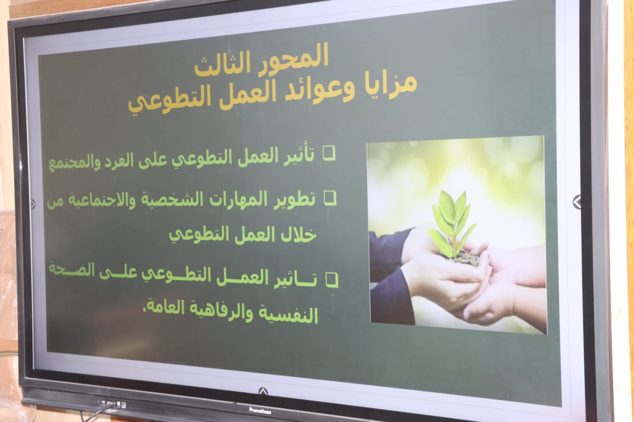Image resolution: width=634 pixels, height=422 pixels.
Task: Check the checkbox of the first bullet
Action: (329, 154)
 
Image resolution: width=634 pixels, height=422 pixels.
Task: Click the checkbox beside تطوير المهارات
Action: (330, 198)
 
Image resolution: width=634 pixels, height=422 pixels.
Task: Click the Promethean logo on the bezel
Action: (260, 411)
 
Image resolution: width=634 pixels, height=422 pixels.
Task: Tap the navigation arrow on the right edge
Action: (577, 202)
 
